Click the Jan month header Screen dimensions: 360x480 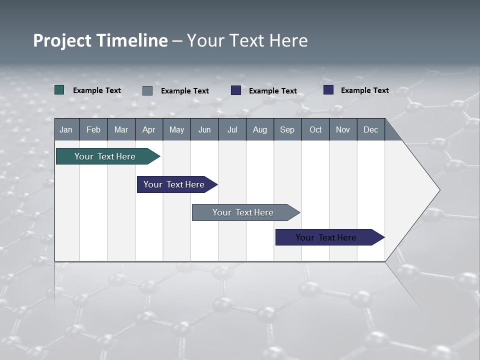click(x=66, y=129)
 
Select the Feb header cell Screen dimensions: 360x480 click(x=93, y=129)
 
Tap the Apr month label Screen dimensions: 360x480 click(x=148, y=129)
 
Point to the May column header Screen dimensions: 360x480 click(x=176, y=129)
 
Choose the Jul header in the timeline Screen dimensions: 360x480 click(x=232, y=129)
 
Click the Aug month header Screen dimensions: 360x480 click(x=259, y=129)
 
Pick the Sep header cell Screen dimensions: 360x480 click(x=287, y=129)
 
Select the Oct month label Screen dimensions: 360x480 click(x=315, y=129)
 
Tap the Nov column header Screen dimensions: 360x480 click(x=343, y=129)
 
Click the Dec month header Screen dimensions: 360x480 click(x=370, y=129)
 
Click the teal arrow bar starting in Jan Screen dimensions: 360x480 click(x=105, y=156)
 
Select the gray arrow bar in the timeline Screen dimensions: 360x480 click(x=243, y=212)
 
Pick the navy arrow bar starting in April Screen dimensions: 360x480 click(x=174, y=184)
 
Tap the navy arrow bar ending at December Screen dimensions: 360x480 click(x=326, y=237)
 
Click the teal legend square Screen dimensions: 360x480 click(x=59, y=90)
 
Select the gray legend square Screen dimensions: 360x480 click(x=147, y=90)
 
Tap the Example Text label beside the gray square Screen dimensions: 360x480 click(x=185, y=91)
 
